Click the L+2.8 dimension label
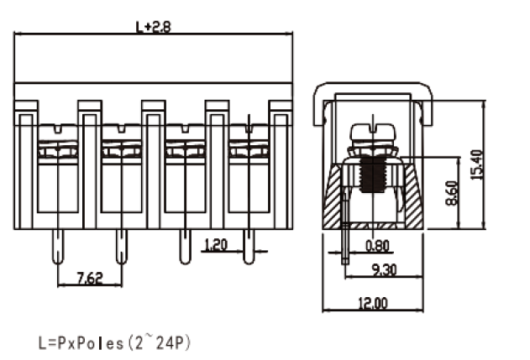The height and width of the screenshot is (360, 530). (x=154, y=27)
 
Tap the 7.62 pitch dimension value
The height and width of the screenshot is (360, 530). (x=90, y=279)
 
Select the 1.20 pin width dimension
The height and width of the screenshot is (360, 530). (x=217, y=245)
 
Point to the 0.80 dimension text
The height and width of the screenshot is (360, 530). (x=378, y=246)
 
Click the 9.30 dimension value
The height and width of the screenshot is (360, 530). (x=384, y=270)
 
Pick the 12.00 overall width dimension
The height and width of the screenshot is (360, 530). (x=373, y=303)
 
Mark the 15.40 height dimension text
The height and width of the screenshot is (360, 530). (x=477, y=164)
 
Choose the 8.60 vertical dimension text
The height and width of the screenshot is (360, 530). (x=452, y=193)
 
